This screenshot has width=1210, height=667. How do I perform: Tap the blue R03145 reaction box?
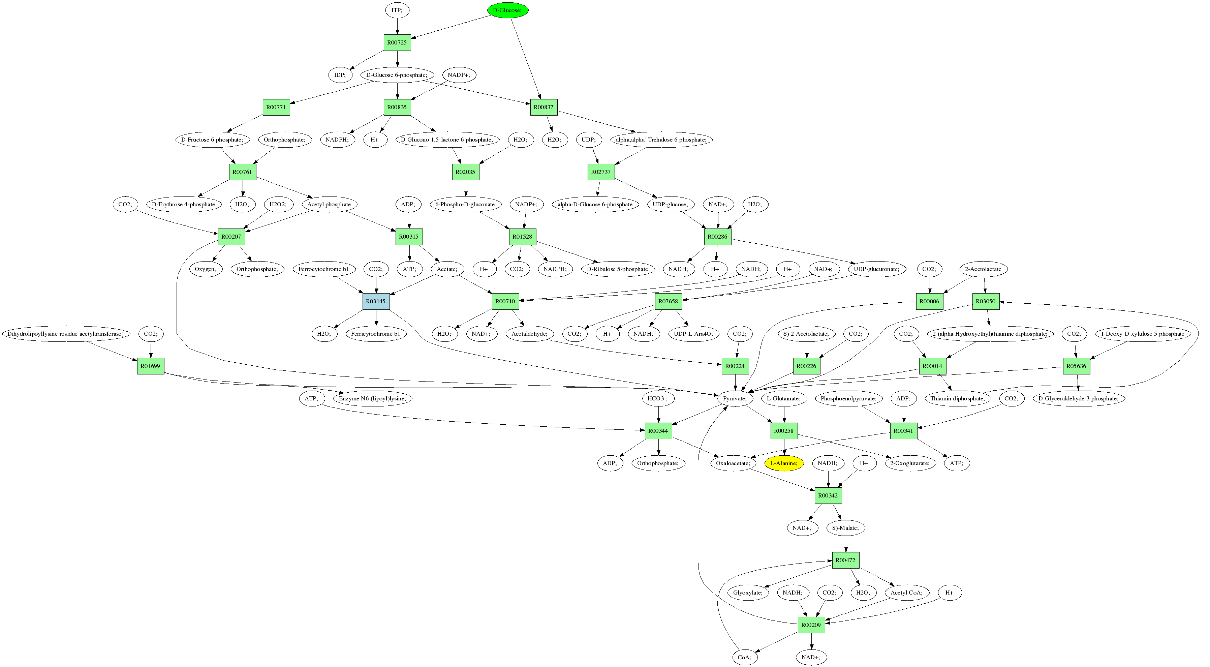point(376,301)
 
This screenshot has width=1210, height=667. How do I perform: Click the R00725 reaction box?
point(397,42)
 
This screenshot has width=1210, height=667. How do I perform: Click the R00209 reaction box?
point(811,625)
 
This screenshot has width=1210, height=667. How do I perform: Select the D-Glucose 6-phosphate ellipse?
point(397,75)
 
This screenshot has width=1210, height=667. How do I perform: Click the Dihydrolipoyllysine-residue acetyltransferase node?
point(66,334)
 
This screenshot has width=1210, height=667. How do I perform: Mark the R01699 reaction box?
point(150,366)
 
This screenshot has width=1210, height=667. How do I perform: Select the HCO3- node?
point(658,398)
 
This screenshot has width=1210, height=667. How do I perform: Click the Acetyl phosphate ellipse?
point(329,204)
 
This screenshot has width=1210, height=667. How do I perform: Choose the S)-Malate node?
point(845,527)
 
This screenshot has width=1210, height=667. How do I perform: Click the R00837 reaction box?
point(544,107)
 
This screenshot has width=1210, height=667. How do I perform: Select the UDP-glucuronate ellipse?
point(876,269)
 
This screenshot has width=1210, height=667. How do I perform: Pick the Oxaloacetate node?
point(733,463)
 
